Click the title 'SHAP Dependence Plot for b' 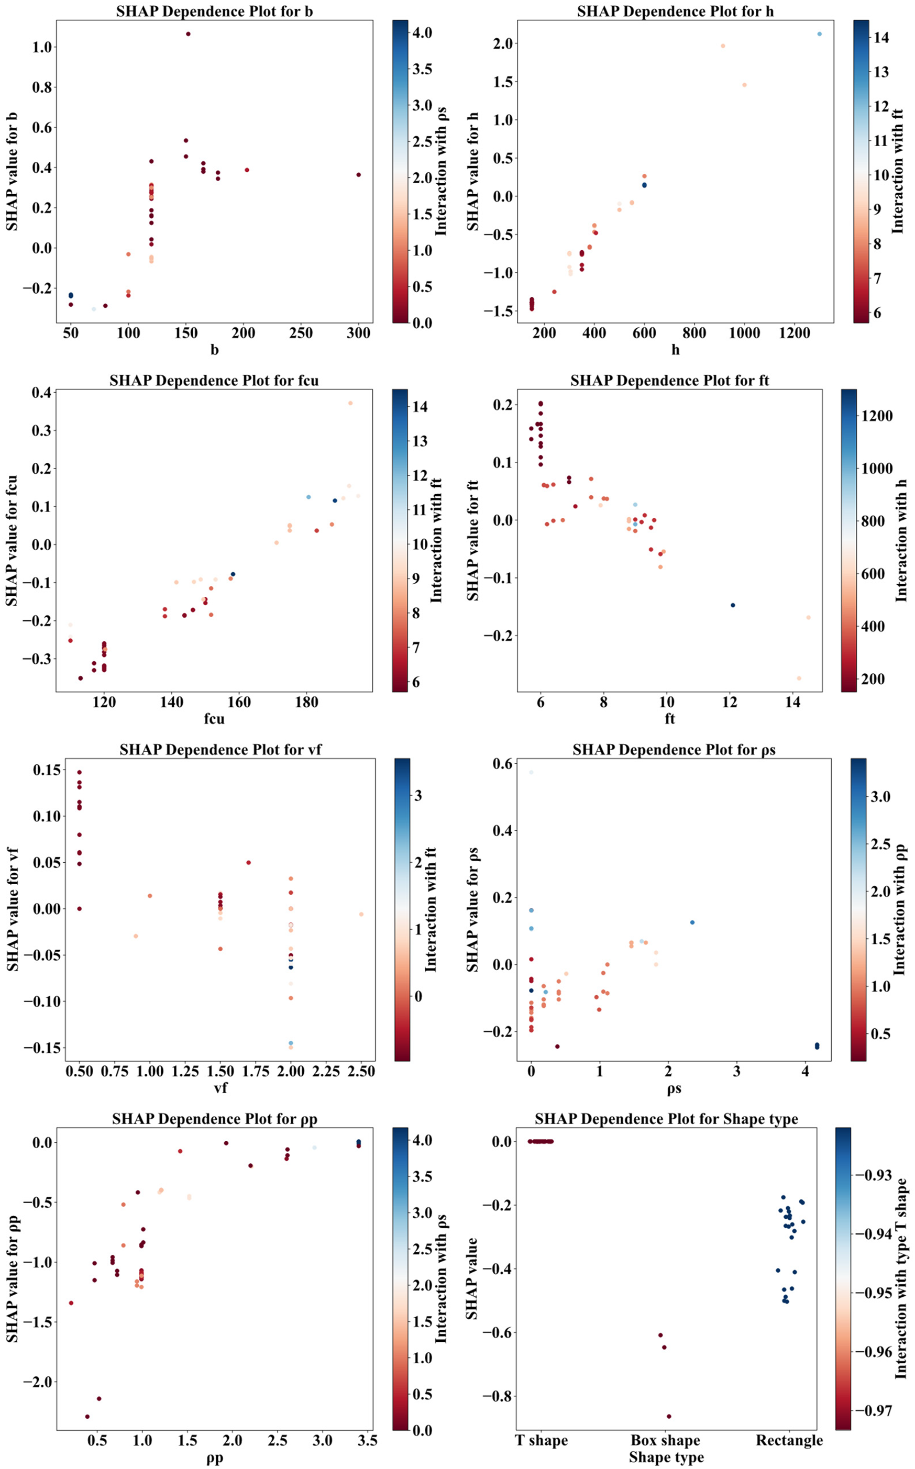(214, 11)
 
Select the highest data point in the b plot (188, 34)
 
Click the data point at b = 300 (359, 175)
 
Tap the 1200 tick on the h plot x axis (794, 333)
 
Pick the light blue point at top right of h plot (819, 34)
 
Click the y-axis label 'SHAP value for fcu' (12, 541)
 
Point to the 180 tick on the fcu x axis (307, 702)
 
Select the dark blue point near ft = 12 (733, 605)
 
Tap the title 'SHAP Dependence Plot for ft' (669, 381)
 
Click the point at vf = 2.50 (361, 915)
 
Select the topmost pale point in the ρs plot (531, 772)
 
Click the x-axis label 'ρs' (674, 1088)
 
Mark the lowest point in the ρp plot (87, 1416)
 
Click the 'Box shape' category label (665, 1440)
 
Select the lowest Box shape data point (669, 1416)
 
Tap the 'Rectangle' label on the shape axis (789, 1440)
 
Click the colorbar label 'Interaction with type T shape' (901, 1278)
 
